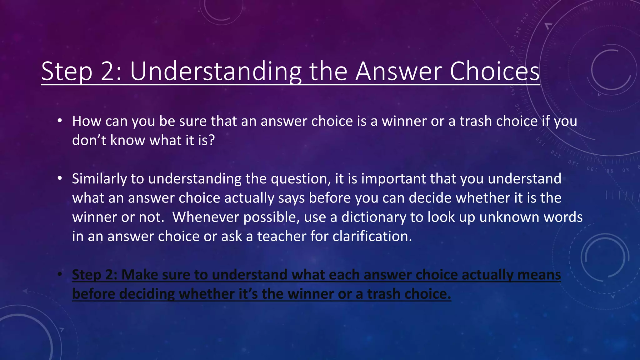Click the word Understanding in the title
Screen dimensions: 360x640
(x=216, y=72)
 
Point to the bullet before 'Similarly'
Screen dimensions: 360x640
(x=60, y=178)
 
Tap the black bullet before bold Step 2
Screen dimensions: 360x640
(x=60, y=274)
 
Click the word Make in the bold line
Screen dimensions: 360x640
(x=139, y=275)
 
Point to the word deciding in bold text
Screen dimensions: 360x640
(x=147, y=294)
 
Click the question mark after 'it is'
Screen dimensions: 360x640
(x=212, y=140)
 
